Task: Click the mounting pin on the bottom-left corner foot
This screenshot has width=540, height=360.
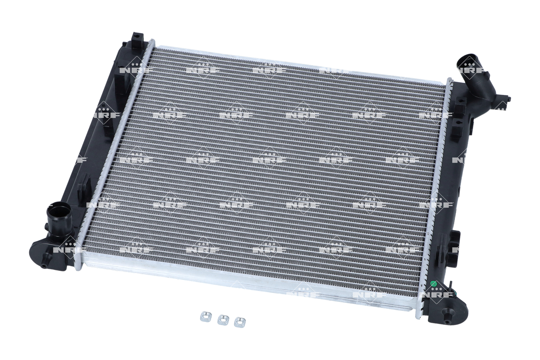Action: pyautogui.click(x=44, y=265)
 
